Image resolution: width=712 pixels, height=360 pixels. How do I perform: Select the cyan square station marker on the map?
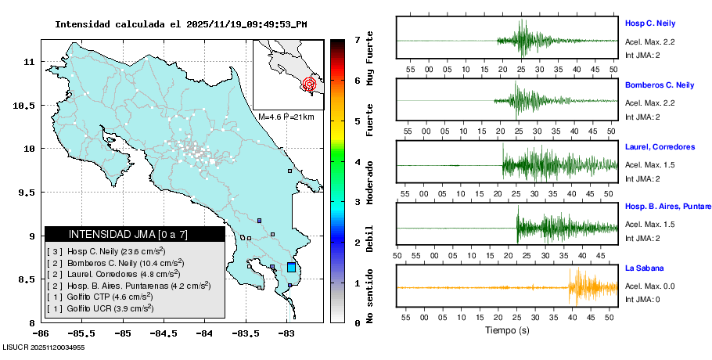(292, 267)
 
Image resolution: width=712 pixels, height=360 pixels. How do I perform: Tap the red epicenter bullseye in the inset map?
(310, 83)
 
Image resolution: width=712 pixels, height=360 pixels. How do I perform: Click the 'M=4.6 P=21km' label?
(286, 117)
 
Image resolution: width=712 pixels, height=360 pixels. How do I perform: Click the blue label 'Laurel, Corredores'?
(660, 146)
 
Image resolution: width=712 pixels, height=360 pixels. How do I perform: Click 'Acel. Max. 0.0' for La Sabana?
(650, 286)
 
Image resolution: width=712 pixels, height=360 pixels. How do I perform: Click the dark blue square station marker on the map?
(259, 221)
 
